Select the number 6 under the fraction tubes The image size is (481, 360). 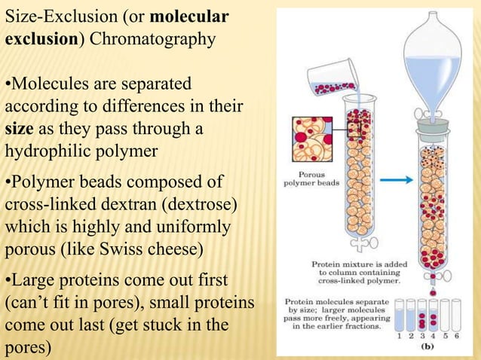tap(455, 336)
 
